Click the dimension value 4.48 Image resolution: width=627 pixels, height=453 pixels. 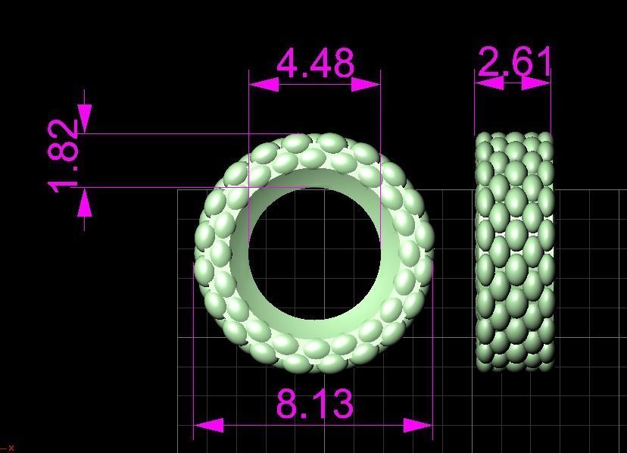coord(315,64)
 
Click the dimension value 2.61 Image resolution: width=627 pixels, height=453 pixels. coord(514,62)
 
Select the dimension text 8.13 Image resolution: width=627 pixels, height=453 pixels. coord(314,404)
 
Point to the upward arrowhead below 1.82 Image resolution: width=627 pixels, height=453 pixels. coord(84,202)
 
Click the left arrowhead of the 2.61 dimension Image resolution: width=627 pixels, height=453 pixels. coord(488,83)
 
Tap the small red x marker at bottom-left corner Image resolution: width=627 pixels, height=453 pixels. coord(11,448)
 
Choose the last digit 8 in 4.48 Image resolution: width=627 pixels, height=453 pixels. coord(342,64)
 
